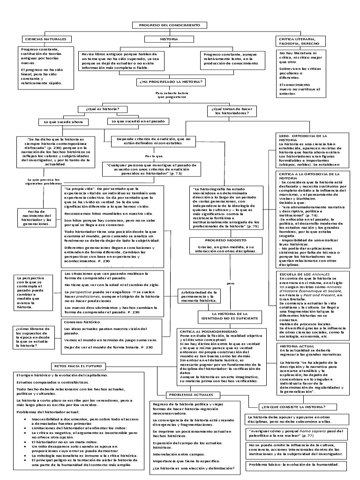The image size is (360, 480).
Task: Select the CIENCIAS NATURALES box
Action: [x=45, y=39]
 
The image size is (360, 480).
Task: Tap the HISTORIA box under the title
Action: [x=169, y=39]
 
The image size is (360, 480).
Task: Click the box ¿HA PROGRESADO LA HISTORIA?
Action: [x=170, y=82]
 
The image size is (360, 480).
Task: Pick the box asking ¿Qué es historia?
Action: [x=100, y=109]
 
